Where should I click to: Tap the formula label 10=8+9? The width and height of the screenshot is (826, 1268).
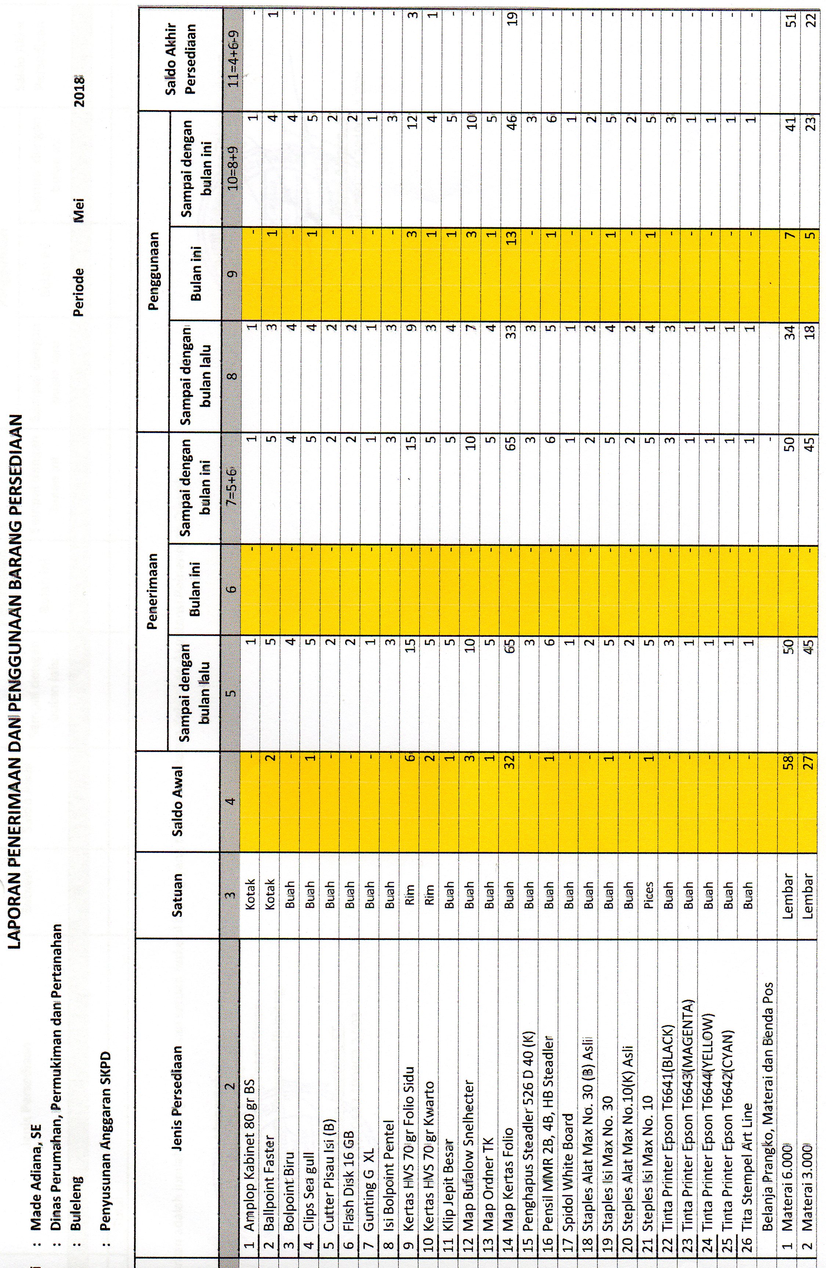(x=230, y=168)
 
